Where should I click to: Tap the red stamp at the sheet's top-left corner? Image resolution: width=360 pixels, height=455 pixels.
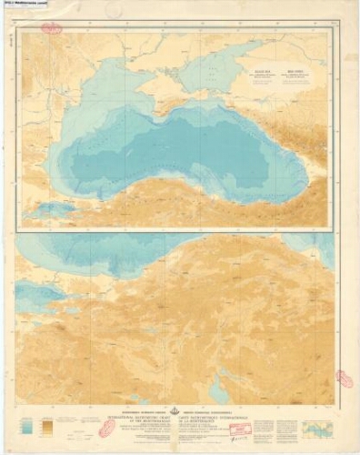52,29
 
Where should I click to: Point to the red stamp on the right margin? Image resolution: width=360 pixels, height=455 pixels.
345,378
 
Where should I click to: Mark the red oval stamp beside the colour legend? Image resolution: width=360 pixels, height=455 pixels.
107,427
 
